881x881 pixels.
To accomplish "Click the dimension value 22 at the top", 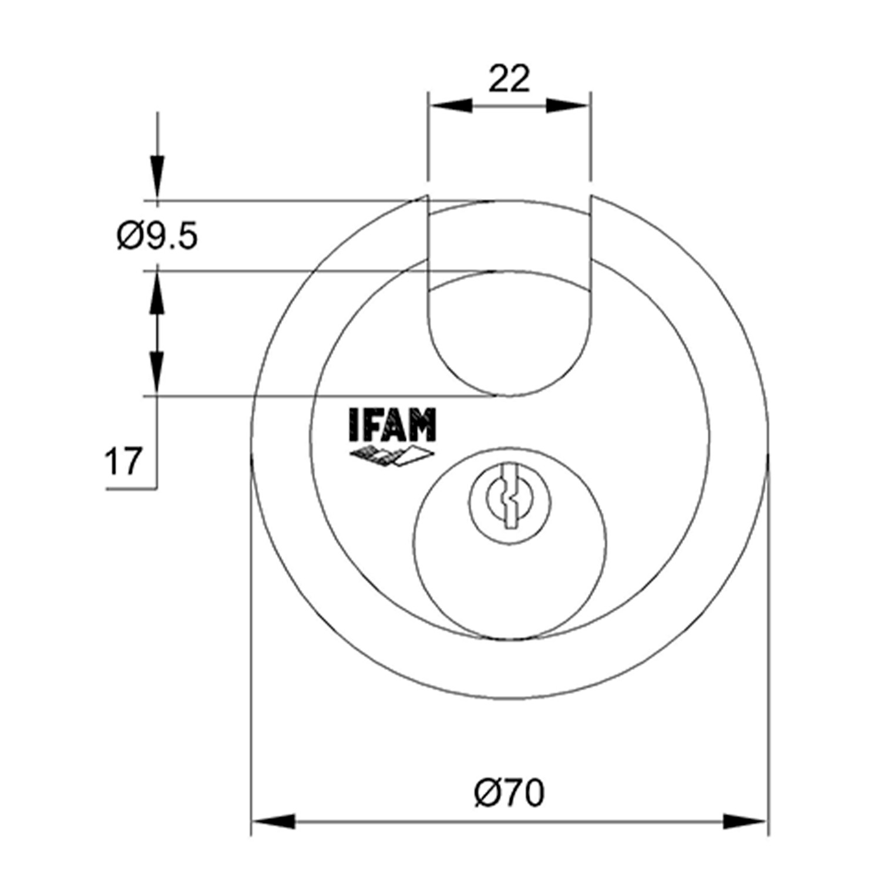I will [509, 79].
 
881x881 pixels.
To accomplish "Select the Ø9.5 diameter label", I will [157, 237].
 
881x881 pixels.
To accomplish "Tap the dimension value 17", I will [123, 461].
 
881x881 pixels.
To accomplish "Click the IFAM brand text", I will [392, 425].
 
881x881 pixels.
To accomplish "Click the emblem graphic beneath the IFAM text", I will [392, 456].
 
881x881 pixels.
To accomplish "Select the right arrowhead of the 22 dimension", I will [567, 106].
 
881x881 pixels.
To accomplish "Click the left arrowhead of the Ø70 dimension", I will [273, 821].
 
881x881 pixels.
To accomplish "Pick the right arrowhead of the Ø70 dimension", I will [745, 821].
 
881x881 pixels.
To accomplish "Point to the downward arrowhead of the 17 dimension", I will [157, 371].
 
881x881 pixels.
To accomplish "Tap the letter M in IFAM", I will [423, 425].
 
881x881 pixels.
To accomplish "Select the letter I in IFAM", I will [353, 425].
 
